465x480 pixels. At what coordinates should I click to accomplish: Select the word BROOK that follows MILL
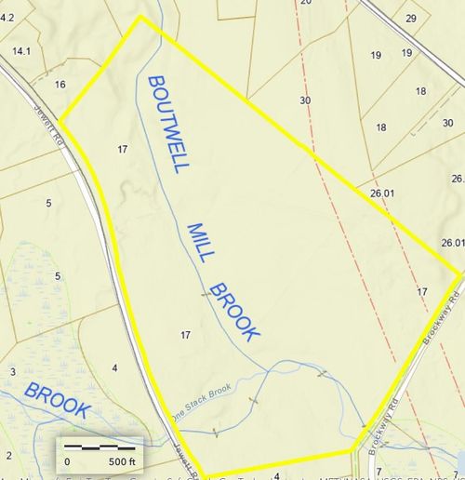(235, 311)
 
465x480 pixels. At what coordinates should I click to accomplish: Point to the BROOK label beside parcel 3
(58, 399)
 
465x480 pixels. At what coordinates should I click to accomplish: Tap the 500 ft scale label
(122, 461)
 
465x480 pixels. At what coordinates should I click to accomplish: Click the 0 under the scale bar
(67, 461)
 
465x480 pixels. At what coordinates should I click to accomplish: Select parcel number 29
(410, 19)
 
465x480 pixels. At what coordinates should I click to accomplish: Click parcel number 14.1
(22, 51)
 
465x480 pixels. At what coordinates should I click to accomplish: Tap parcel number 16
(60, 85)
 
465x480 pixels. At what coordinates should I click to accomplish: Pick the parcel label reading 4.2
(7, 17)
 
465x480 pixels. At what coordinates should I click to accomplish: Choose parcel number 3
(12, 371)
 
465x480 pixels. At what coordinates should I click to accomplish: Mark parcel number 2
(8, 455)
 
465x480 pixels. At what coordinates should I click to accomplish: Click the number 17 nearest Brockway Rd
(423, 292)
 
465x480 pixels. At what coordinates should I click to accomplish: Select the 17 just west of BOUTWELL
(122, 149)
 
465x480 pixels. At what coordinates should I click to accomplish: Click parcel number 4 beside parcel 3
(114, 368)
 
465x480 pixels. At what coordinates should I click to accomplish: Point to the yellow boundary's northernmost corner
(140, 16)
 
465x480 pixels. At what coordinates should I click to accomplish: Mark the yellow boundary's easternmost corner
(460, 273)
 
